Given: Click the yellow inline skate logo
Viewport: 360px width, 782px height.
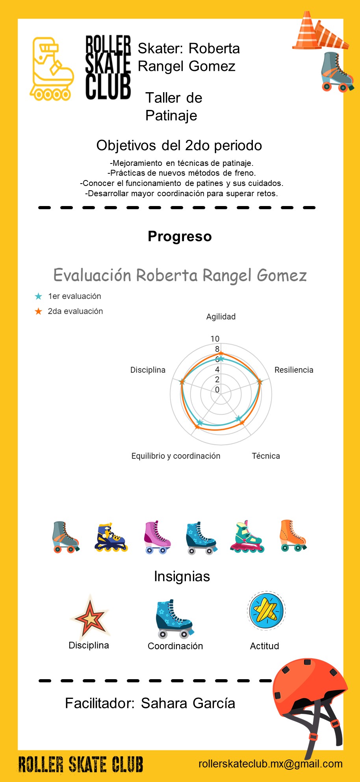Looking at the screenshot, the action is click(x=52, y=69).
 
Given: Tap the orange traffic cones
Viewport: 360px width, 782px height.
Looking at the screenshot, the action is click(x=320, y=32).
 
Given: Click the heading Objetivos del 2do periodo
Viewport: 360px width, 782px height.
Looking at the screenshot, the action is click(x=179, y=145).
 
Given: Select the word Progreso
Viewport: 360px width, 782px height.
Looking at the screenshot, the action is click(x=180, y=236).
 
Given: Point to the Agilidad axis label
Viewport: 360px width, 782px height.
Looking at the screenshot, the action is click(x=221, y=317).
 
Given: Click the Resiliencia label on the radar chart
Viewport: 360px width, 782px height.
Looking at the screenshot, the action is click(x=294, y=370).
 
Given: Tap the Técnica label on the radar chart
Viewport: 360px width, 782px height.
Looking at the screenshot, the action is click(x=266, y=456).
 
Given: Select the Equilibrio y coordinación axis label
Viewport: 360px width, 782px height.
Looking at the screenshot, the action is click(x=176, y=456).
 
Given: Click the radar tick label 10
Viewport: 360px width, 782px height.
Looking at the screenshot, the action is click(x=215, y=339).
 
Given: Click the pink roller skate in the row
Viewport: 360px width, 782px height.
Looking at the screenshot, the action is click(x=157, y=537).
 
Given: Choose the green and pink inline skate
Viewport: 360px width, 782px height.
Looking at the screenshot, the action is click(x=247, y=537).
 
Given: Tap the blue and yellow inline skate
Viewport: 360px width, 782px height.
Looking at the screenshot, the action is click(x=111, y=537).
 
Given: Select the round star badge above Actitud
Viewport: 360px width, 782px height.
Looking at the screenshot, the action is click(x=266, y=611).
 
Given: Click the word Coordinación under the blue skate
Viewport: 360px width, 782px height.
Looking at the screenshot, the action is click(x=175, y=646).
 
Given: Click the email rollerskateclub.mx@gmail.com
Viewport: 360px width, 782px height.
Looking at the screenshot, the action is click(x=271, y=764).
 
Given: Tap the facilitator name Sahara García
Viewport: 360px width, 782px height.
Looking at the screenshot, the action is click(x=188, y=703).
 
